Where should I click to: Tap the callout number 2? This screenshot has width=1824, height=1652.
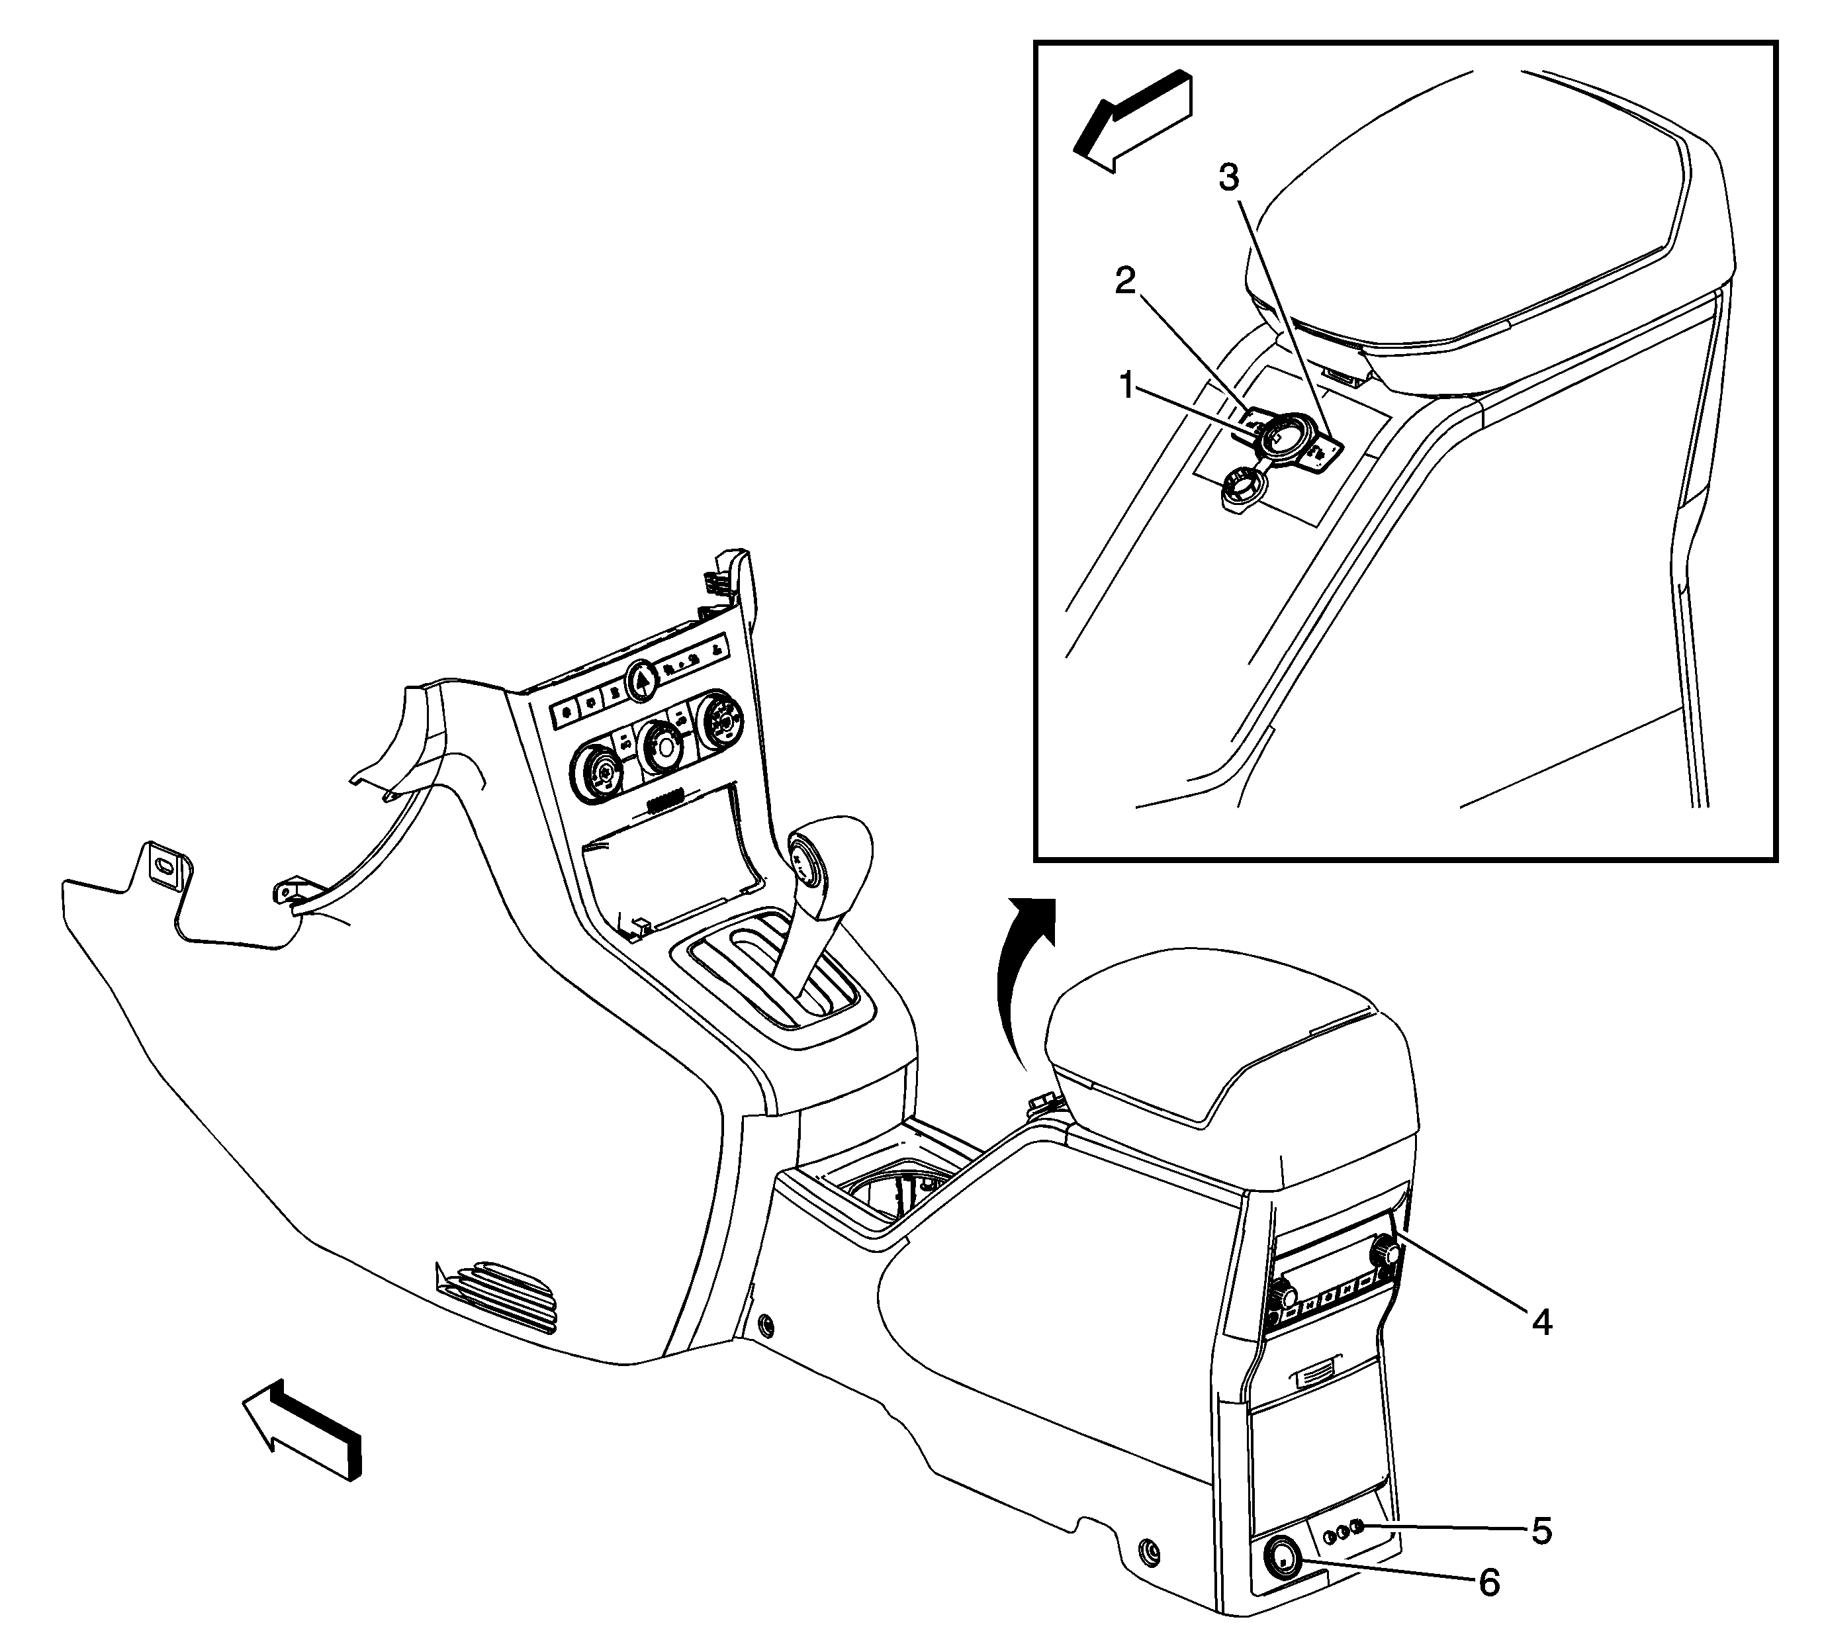click(x=1124, y=281)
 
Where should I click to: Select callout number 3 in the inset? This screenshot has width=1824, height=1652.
click(x=1228, y=177)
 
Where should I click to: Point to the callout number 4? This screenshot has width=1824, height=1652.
click(x=1541, y=1322)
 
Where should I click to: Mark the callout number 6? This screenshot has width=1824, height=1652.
click(x=1489, y=1583)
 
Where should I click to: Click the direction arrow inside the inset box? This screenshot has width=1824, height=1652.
click(x=1133, y=120)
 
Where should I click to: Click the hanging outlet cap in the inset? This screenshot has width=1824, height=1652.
click(x=1240, y=491)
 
